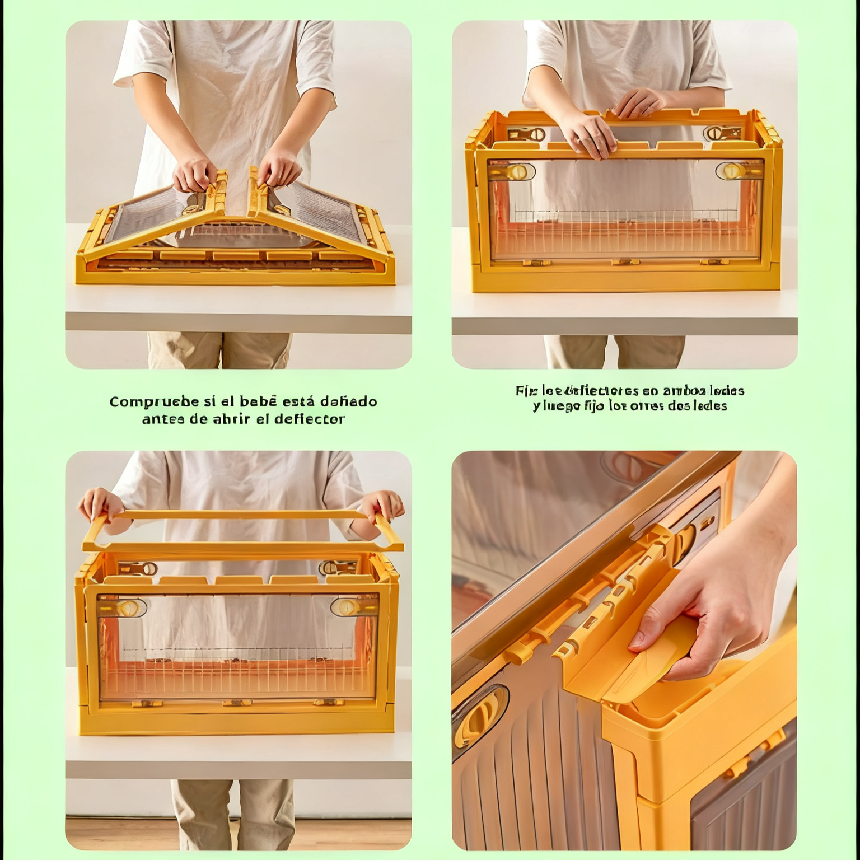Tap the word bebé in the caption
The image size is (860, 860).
pyautogui.click(x=258, y=401)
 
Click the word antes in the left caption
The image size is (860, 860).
pyautogui.click(x=163, y=419)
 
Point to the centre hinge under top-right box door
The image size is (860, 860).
pyautogui.click(x=625, y=261)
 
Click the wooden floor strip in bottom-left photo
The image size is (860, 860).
pyautogui.click(x=238, y=834)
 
